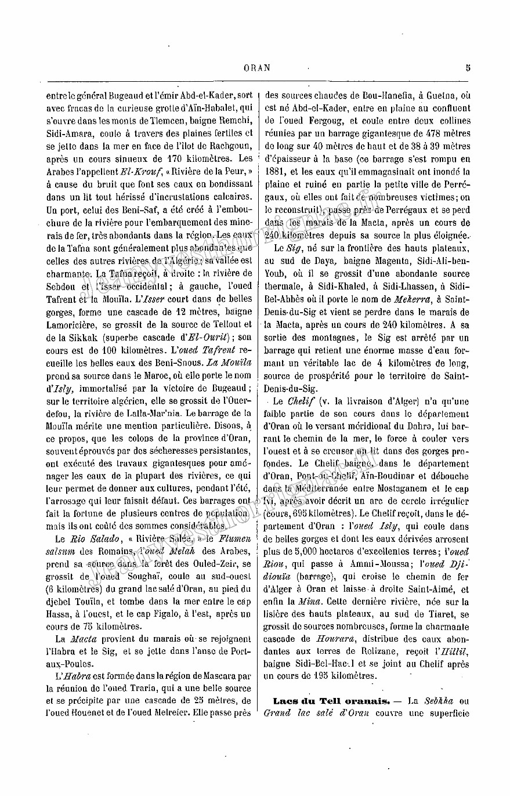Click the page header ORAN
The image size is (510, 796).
[x=257, y=67]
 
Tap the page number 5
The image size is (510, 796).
[x=468, y=67]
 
